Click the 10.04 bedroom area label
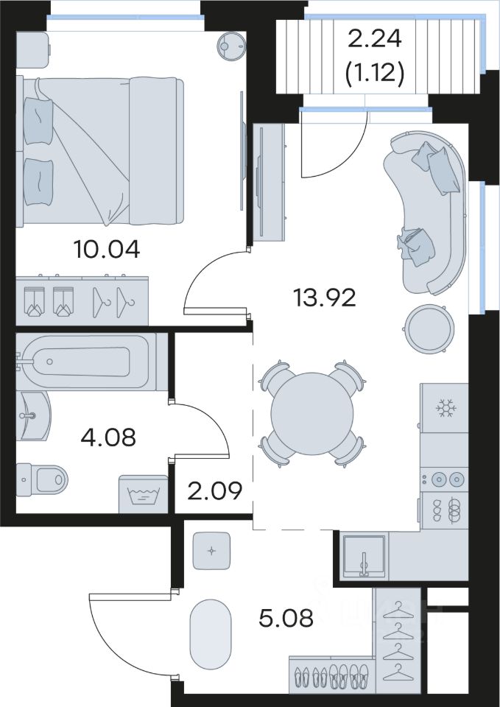click(x=107, y=250)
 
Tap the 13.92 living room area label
click(x=325, y=298)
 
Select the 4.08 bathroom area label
click(x=108, y=437)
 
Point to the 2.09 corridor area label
click(x=214, y=491)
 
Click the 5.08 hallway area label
click(x=286, y=618)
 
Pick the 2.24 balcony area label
click(x=375, y=39)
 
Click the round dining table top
click(x=312, y=413)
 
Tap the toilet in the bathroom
click(x=42, y=479)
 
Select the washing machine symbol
click(x=144, y=494)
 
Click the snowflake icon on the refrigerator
click(x=446, y=408)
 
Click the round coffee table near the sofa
click(x=429, y=329)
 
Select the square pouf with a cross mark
click(x=211, y=551)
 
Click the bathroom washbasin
click(x=32, y=415)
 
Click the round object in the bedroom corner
click(x=232, y=46)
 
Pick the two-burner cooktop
click(x=444, y=479)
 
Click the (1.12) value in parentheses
click(x=374, y=73)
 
